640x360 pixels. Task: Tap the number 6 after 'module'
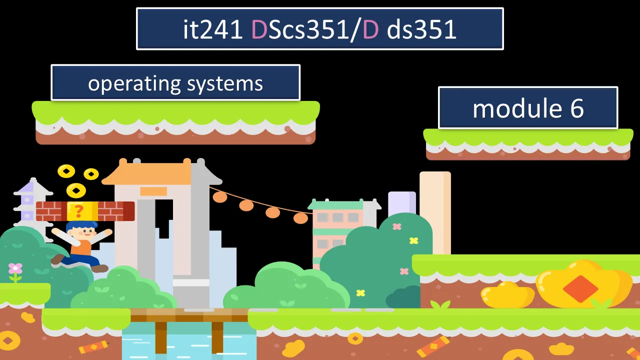tap(576, 108)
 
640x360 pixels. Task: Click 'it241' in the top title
tap(212, 29)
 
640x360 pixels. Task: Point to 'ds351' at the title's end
tap(421, 29)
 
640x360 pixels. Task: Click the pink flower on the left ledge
tap(15, 269)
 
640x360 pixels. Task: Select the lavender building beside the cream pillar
tap(401, 205)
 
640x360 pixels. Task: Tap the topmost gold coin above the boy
tap(66, 171)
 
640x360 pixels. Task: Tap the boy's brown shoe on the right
tap(99, 268)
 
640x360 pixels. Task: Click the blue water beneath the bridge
tap(190, 342)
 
